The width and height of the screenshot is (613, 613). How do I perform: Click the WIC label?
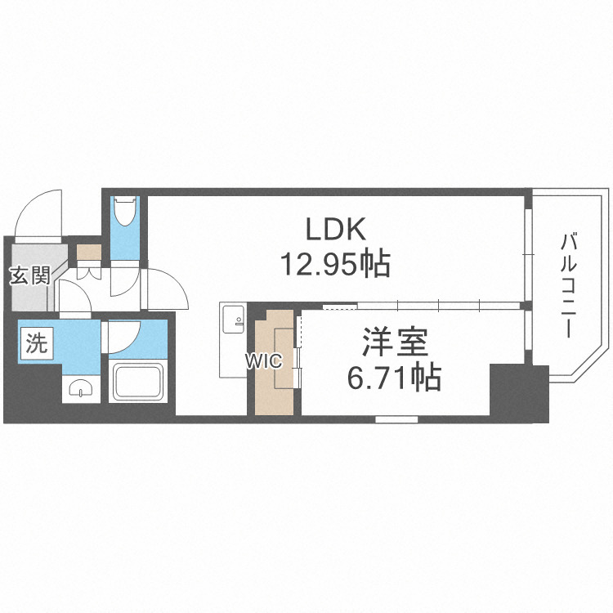[266, 360]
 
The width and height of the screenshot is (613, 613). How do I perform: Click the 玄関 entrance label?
[29, 275]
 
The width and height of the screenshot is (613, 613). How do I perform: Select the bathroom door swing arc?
[124, 335]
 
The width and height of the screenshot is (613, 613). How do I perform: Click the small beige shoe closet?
[89, 252]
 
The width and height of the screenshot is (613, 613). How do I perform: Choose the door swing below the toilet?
[125, 282]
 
